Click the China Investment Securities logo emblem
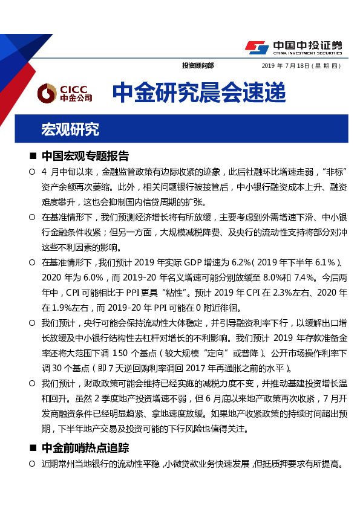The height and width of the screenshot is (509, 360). pos(257,47)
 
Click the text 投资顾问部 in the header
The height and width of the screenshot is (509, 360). pos(198,65)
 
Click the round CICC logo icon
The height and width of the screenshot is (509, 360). pos(47,93)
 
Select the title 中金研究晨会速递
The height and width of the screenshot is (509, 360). pos(198,92)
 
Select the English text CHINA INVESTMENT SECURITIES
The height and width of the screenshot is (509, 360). pos(307,53)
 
